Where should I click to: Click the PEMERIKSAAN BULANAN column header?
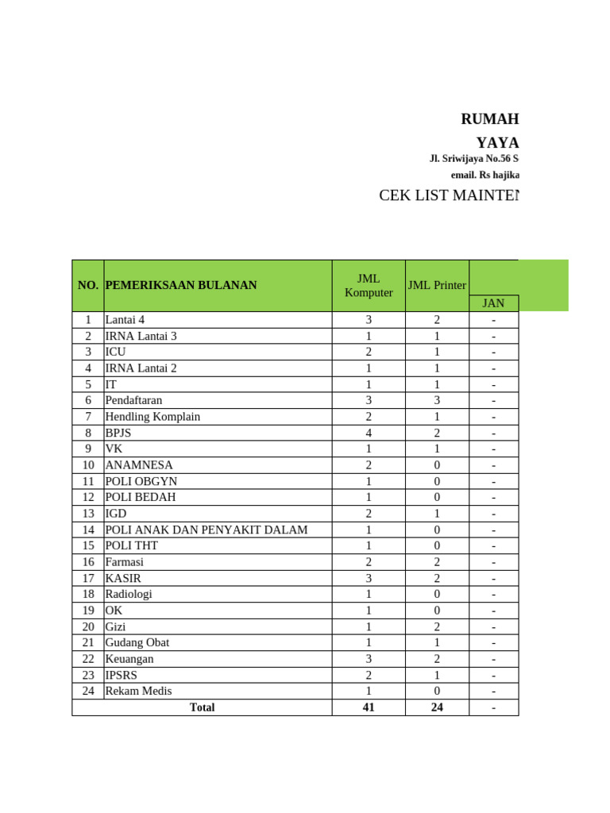point(181,285)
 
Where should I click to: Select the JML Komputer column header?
point(369,285)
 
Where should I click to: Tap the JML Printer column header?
point(437,285)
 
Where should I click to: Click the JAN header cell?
point(493,303)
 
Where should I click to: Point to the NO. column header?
point(88,285)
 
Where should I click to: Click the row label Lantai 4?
point(125,320)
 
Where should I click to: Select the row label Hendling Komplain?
point(152,417)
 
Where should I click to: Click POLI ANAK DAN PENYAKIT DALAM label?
point(207,530)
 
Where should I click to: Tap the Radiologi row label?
point(129,594)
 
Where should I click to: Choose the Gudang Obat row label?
point(137,642)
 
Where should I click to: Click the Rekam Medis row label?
point(138,691)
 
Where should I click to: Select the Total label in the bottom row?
point(202,707)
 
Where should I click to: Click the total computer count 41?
point(369,707)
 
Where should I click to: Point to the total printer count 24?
point(437,707)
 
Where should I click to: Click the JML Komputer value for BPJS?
point(369,433)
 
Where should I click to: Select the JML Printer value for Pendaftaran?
point(437,401)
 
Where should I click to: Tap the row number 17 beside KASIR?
point(88,578)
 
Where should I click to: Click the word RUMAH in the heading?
point(489,120)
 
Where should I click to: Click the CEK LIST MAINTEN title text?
point(449,196)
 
